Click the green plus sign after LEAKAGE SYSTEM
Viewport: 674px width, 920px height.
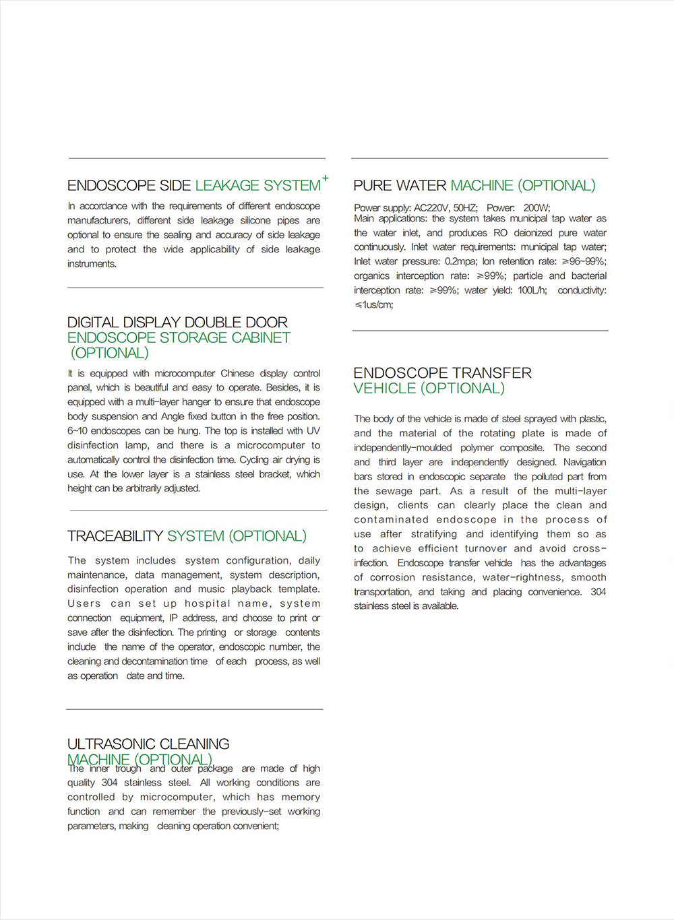(x=325, y=178)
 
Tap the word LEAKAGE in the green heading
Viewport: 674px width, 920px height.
(x=227, y=185)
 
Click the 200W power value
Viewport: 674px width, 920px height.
(x=537, y=207)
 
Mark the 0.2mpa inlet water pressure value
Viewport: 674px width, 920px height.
(x=460, y=261)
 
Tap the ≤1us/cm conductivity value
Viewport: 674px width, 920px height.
(x=373, y=304)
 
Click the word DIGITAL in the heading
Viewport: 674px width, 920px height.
(x=93, y=323)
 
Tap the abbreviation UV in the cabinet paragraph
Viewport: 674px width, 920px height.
(x=313, y=431)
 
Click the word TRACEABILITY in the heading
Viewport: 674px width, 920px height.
(x=115, y=536)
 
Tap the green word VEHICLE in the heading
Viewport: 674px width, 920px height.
(x=385, y=389)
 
